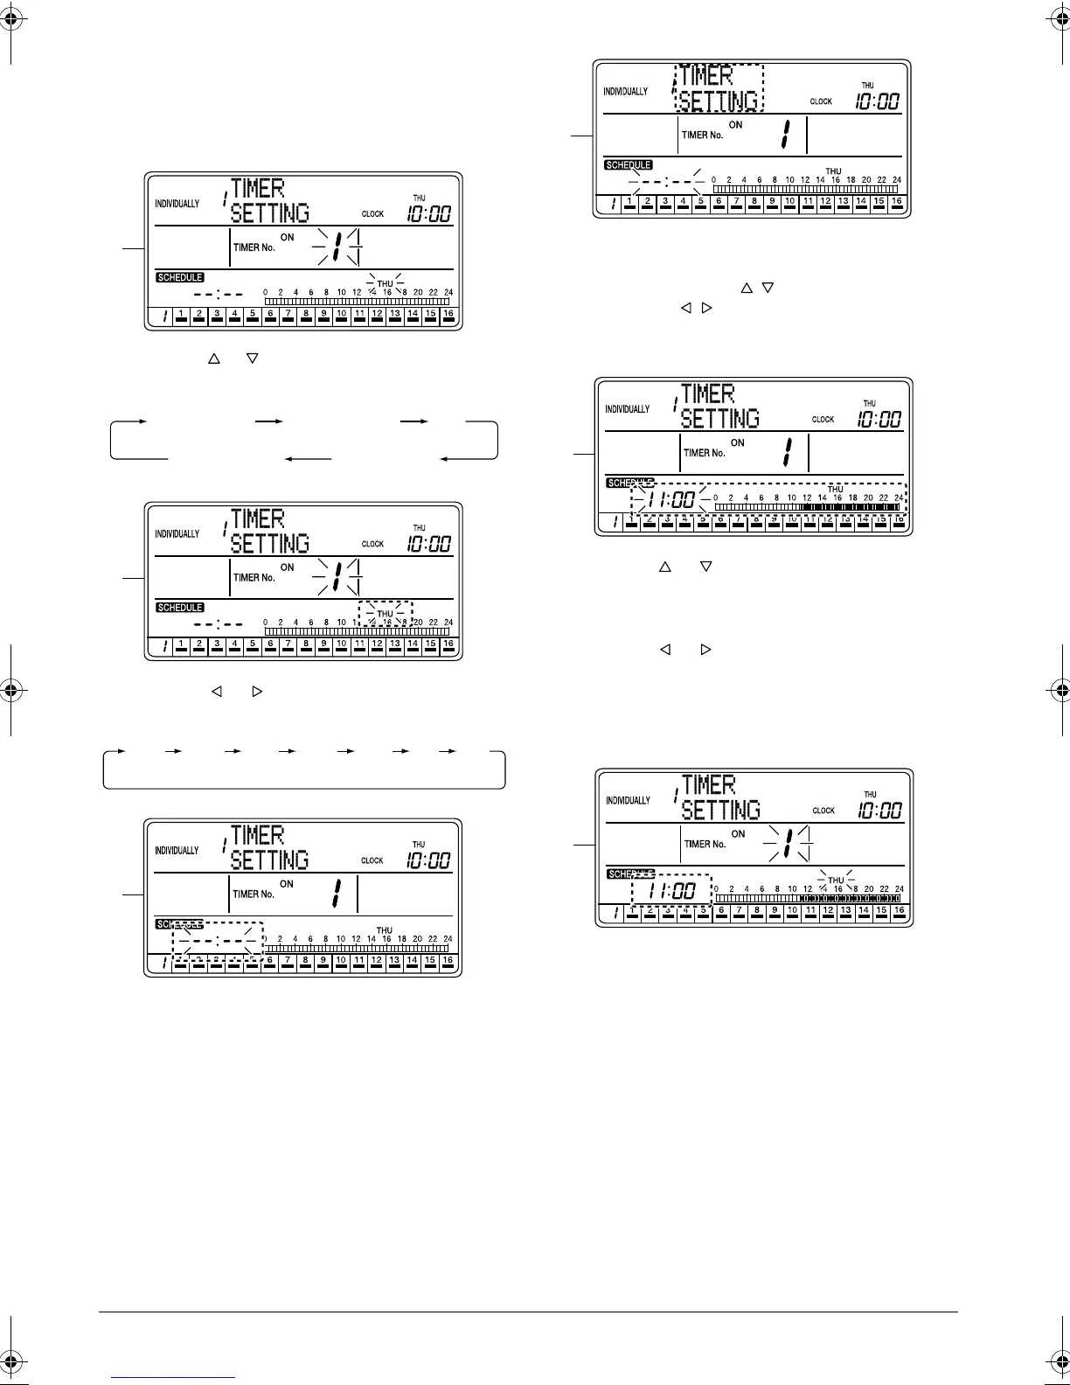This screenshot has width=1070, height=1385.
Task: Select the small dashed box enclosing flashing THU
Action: tap(385, 602)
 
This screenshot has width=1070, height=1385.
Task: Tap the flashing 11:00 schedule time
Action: tap(673, 500)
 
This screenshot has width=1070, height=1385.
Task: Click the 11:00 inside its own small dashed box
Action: tap(672, 891)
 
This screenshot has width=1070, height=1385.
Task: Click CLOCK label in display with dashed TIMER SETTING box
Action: tap(821, 102)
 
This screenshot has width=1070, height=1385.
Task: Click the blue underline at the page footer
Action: tap(174, 1376)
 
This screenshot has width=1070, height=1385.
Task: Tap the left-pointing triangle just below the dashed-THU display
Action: tap(217, 692)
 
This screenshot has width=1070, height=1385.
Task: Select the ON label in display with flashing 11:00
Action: tap(738, 443)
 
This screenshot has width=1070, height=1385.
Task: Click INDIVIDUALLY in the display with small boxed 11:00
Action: tap(629, 801)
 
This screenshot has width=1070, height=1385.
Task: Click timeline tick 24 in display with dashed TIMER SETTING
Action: tap(896, 180)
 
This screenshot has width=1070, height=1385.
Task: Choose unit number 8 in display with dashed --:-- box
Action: tap(305, 961)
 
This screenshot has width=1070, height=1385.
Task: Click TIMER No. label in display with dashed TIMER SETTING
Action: tap(702, 136)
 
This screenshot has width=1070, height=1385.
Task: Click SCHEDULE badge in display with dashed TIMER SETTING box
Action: tap(629, 165)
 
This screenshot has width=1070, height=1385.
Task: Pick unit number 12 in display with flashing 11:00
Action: tap(827, 522)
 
